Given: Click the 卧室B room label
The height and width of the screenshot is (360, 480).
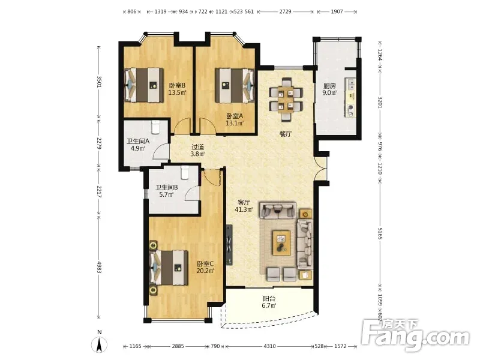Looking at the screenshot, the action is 177,88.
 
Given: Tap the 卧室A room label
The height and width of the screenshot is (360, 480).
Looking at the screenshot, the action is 235,119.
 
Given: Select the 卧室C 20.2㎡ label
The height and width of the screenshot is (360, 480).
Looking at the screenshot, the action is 205,267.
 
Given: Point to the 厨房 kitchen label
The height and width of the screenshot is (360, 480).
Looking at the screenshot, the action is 329,89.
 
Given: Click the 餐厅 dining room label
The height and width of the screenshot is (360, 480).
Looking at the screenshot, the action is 286,134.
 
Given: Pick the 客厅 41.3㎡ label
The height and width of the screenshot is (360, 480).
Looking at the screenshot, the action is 244,206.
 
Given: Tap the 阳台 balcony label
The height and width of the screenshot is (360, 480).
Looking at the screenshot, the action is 269,302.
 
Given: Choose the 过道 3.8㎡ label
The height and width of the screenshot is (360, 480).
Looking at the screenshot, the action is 197,151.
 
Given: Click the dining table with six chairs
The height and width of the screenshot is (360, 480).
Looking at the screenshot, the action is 286,100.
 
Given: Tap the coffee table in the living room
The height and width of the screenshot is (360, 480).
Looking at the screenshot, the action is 281,242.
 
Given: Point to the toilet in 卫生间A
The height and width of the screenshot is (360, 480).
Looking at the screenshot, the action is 155,127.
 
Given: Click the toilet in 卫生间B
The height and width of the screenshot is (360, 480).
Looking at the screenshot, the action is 184,172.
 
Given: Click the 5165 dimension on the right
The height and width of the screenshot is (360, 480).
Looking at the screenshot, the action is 380,233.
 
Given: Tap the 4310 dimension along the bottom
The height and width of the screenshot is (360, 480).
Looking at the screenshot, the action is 269,346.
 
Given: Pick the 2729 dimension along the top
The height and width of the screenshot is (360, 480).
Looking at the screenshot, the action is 285,11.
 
